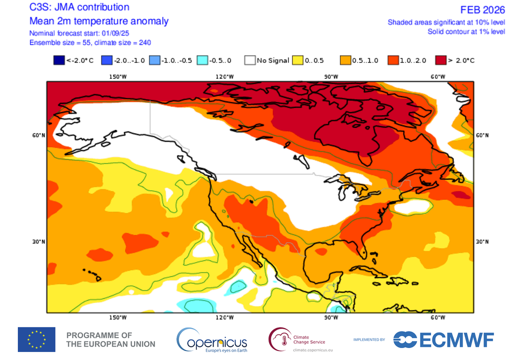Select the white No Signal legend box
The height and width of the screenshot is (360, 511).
(x=250, y=60)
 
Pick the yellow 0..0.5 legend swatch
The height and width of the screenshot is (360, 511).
(x=298, y=60)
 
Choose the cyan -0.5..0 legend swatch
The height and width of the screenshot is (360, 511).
(x=203, y=60)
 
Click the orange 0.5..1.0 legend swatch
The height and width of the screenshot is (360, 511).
(x=345, y=60)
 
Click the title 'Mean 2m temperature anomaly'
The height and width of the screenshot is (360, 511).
(x=99, y=21)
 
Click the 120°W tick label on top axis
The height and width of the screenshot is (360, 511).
(x=224, y=76)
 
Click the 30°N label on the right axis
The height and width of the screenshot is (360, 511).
(x=482, y=242)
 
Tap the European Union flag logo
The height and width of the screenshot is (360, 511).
(x=36, y=340)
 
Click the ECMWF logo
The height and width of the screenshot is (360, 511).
(x=444, y=340)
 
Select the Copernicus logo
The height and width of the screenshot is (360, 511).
(x=212, y=340)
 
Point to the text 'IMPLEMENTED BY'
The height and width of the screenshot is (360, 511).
(x=369, y=340)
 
